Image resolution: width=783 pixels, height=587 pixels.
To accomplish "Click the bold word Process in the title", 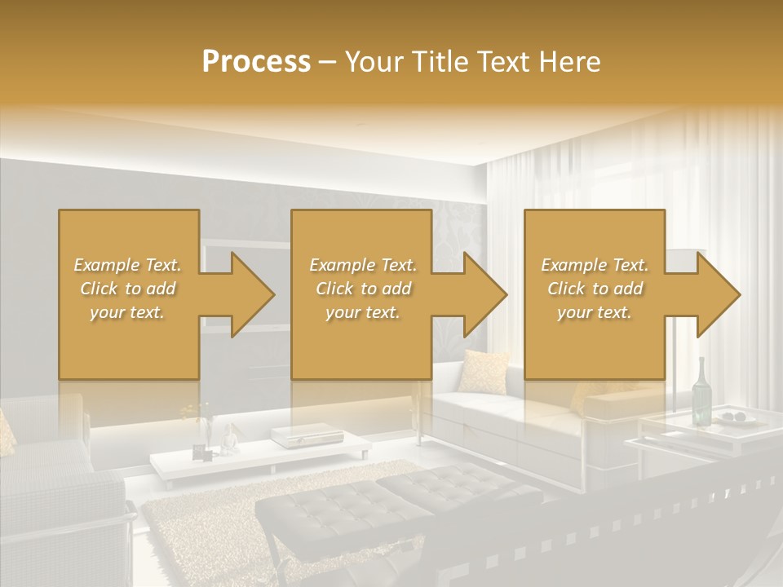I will [x=256, y=62].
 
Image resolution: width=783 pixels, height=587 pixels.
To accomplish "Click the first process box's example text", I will [x=127, y=289].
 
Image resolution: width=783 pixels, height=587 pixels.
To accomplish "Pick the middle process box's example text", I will [x=362, y=289].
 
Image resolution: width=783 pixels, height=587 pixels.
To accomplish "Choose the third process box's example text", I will [x=595, y=289].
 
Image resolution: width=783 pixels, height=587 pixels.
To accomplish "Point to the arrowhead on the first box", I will [x=249, y=294].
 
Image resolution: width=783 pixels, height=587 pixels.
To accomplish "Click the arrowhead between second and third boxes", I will [x=482, y=294].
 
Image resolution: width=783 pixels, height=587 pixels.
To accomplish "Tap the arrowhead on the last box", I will [x=715, y=294].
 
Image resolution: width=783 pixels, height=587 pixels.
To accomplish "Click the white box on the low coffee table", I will [x=290, y=437].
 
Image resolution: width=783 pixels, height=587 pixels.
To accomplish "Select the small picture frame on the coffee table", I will [x=199, y=451].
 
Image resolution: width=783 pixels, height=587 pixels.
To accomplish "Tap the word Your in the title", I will [x=374, y=62].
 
